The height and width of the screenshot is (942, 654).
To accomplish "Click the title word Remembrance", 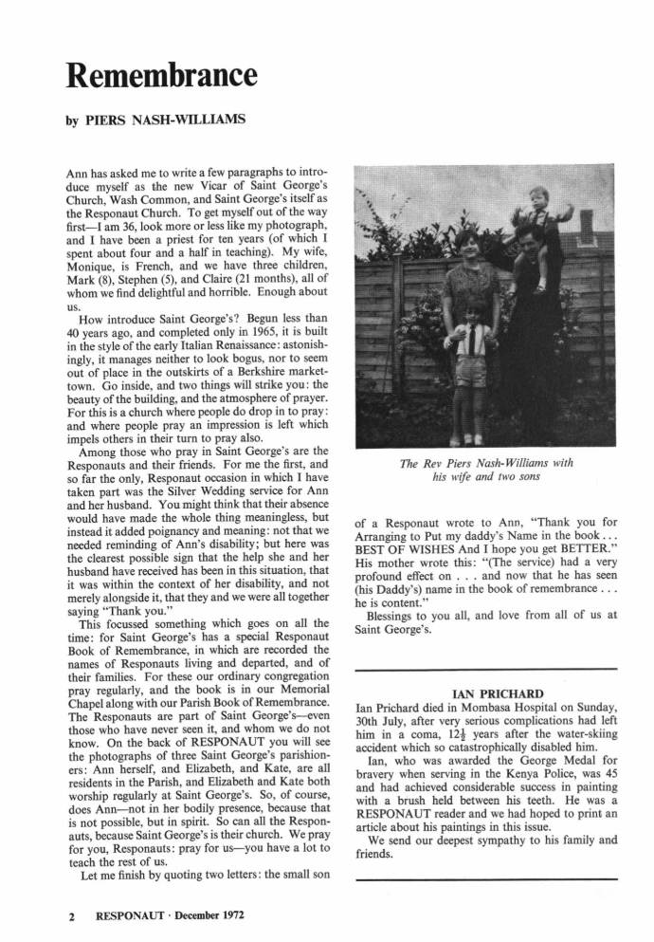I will [x=162, y=73].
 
